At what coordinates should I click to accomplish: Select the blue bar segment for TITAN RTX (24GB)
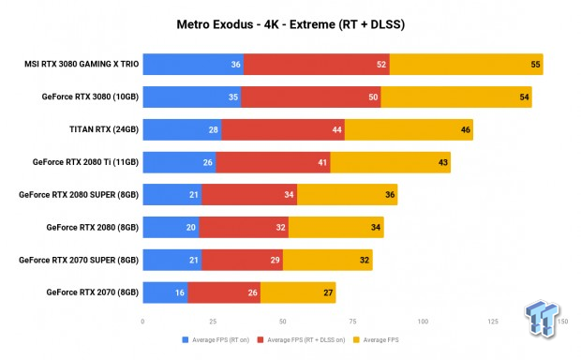(x=182, y=129)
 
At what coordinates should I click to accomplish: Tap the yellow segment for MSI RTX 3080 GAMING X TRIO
(x=466, y=65)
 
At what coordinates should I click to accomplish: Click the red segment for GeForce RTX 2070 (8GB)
(x=224, y=292)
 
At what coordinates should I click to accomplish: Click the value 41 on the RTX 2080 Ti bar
(x=322, y=162)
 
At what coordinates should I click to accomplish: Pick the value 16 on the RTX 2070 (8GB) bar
(x=179, y=292)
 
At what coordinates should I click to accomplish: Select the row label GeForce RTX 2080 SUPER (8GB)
(x=79, y=195)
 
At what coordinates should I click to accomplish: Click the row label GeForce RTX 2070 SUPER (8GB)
(x=79, y=260)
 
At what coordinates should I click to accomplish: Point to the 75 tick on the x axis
(x=351, y=321)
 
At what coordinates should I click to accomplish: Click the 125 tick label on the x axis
(x=492, y=321)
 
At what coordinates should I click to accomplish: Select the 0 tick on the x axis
(x=142, y=321)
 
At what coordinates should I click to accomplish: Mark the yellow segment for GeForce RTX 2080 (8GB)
(x=335, y=227)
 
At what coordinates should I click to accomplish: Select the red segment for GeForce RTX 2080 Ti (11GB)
(x=273, y=162)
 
